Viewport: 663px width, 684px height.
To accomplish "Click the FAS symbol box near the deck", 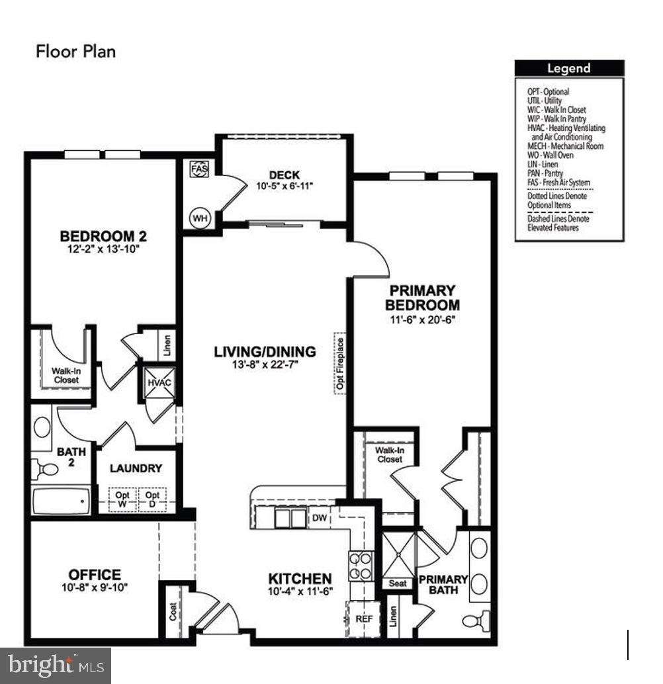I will coord(199,169).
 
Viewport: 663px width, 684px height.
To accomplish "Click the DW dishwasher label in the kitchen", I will coord(319,518).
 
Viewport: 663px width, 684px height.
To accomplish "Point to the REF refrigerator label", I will coord(365,619).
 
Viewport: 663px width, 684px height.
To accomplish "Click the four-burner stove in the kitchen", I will coord(361,566).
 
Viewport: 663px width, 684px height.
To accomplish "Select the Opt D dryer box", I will coord(153,499).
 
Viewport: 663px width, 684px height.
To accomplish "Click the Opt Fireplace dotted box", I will coord(340,363).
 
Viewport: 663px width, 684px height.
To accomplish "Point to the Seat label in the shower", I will coord(397,583).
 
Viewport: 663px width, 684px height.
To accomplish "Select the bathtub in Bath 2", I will coord(62,502).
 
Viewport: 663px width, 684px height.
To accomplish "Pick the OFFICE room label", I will coord(95,575).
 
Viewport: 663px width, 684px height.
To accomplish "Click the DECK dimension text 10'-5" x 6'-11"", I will coord(284,186).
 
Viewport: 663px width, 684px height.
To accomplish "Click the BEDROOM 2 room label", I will coord(103,236).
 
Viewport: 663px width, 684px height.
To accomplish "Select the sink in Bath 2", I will coord(43,427).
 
